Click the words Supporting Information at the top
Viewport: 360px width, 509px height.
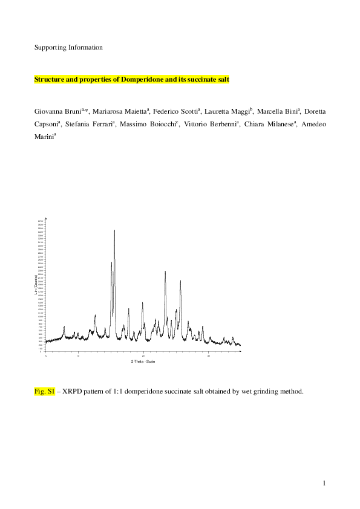[x=68, y=47]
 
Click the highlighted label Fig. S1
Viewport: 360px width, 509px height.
[x=45, y=392]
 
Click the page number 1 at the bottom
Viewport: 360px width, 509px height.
[x=324, y=483]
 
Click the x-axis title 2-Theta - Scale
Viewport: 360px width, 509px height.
[x=143, y=361]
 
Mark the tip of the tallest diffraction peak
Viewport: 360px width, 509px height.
[x=114, y=230]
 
